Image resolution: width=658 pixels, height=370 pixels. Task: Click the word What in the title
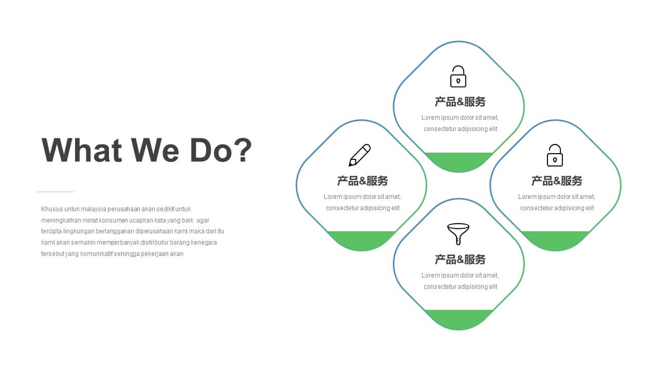[x=82, y=150]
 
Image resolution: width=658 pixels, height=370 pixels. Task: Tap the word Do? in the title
[x=221, y=150]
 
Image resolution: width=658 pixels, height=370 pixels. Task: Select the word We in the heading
[x=155, y=150]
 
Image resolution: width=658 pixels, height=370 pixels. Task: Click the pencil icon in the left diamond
[x=359, y=155]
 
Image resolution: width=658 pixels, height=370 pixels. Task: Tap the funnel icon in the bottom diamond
[x=458, y=234]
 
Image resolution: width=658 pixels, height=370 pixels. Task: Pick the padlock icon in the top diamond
[x=458, y=77]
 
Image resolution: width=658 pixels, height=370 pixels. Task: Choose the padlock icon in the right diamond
[x=555, y=155]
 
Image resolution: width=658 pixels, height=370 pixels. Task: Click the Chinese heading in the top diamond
[x=460, y=102]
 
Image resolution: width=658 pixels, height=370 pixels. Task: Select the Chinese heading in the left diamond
[x=362, y=180]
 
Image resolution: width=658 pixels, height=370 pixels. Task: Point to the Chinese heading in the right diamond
[x=557, y=180]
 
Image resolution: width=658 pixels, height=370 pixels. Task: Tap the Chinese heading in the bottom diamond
[x=460, y=260]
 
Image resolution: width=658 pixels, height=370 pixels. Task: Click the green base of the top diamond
[x=459, y=161]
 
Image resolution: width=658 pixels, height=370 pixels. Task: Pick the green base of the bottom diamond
[x=459, y=319]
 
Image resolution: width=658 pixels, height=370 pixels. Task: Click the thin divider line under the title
[x=55, y=192]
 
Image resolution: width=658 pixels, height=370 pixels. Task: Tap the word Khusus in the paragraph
[x=52, y=209]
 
